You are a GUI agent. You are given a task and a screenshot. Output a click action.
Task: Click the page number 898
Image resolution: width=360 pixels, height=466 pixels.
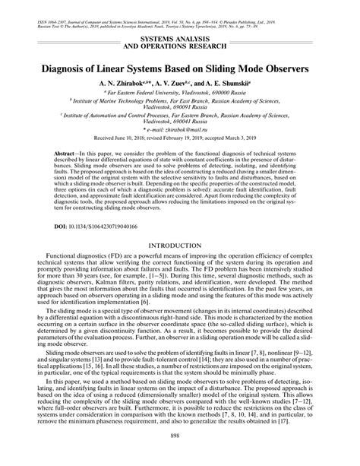click(180, 456)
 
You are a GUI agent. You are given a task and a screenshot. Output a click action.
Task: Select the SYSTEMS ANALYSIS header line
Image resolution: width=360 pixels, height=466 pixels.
click(180, 37)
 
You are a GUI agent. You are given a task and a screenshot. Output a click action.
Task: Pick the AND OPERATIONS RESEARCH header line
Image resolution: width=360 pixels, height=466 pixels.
click(180, 45)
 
